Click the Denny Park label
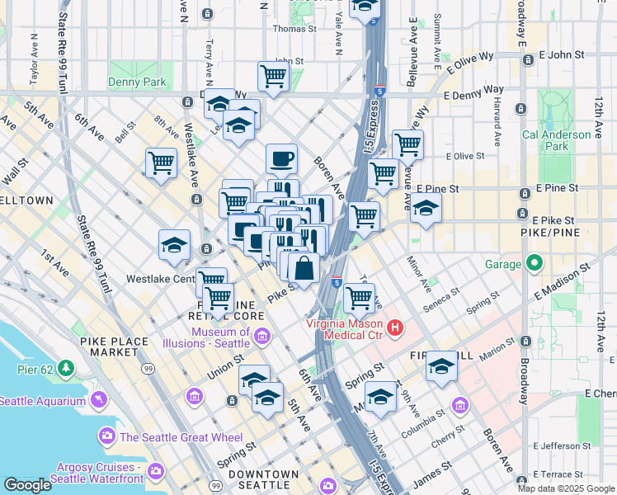137,82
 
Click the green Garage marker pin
535,264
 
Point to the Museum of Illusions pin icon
262,336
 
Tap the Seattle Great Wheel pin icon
106,436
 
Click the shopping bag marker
304,268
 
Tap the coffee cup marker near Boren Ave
281,158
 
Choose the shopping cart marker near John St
274,76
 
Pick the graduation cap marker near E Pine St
426,207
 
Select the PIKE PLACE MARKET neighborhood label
115,346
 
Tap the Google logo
27,486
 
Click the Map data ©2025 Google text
565,488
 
